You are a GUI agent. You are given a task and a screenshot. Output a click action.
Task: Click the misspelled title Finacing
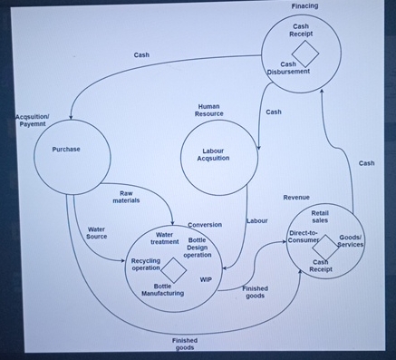click(x=304, y=6)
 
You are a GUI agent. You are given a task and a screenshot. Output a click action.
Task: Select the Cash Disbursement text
click(x=289, y=68)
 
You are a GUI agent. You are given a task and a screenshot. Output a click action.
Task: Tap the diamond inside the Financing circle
click(x=305, y=50)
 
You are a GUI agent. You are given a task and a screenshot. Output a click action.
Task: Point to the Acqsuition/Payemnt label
click(x=33, y=121)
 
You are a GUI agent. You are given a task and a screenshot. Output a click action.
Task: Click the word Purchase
click(x=66, y=149)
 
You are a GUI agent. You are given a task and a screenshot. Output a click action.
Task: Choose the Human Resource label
click(x=208, y=111)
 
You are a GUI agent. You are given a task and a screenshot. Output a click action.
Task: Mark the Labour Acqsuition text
click(x=213, y=154)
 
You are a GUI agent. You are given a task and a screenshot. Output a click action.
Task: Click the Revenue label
click(x=296, y=197)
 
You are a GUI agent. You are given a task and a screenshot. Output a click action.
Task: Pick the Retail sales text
click(x=319, y=217)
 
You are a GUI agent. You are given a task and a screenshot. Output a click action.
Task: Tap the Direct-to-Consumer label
click(x=303, y=237)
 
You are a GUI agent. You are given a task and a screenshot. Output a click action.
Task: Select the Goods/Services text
click(x=351, y=241)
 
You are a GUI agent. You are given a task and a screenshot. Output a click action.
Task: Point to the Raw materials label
click(x=126, y=197)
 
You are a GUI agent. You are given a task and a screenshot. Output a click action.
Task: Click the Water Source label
click(x=97, y=233)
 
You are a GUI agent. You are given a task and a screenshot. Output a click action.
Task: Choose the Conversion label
click(x=205, y=224)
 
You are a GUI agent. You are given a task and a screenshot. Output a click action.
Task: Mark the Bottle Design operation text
click(x=198, y=248)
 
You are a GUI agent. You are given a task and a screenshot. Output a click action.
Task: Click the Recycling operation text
click(x=145, y=264)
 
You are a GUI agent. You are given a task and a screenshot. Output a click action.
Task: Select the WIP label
click(x=206, y=279)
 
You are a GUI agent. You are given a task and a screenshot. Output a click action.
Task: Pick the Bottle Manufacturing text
click(x=163, y=289)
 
